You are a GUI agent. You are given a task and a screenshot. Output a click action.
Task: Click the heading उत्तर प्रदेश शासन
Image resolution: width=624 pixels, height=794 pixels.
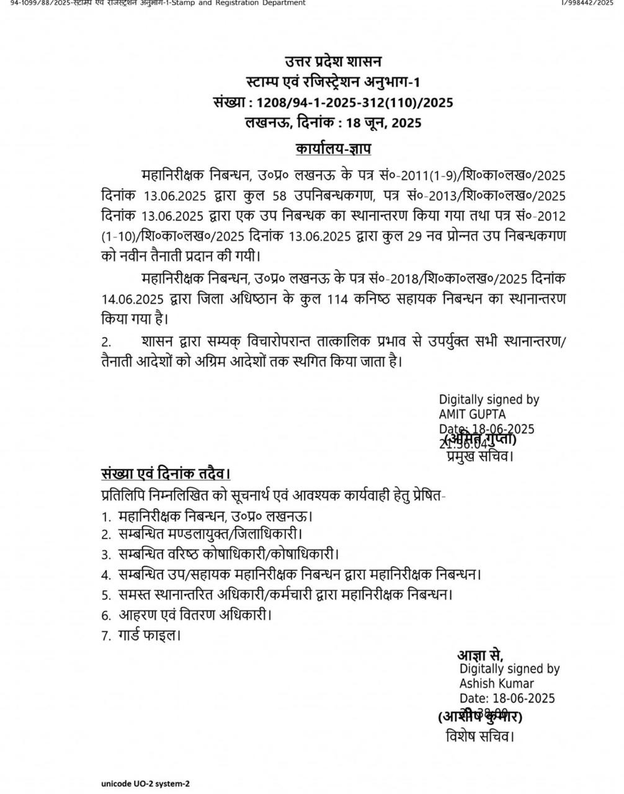pyautogui.click(x=333, y=61)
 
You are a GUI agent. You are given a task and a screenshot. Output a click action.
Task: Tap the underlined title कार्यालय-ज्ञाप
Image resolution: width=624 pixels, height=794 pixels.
pyautogui.click(x=333, y=149)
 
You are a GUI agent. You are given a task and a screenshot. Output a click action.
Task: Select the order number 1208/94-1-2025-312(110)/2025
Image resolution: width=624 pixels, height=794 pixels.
pyautogui.click(x=355, y=102)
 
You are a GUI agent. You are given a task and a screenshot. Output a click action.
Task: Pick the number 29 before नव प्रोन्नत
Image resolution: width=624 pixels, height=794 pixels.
pyautogui.click(x=398, y=236)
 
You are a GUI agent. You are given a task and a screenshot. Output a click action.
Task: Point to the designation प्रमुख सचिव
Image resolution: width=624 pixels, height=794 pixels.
pyautogui.click(x=479, y=457)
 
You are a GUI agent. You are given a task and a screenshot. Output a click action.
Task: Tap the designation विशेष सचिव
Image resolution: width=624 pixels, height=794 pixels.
pyautogui.click(x=479, y=736)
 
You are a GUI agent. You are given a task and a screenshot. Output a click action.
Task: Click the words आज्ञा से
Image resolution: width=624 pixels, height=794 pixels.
pyautogui.click(x=480, y=655)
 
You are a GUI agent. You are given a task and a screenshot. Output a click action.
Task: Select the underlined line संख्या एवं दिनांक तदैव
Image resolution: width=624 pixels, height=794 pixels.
pyautogui.click(x=166, y=474)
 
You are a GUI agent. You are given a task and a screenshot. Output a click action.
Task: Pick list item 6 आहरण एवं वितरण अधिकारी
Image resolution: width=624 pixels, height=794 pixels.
pyautogui.click(x=195, y=615)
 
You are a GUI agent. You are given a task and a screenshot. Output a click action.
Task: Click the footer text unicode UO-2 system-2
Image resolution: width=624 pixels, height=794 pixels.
pyautogui.click(x=146, y=783)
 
